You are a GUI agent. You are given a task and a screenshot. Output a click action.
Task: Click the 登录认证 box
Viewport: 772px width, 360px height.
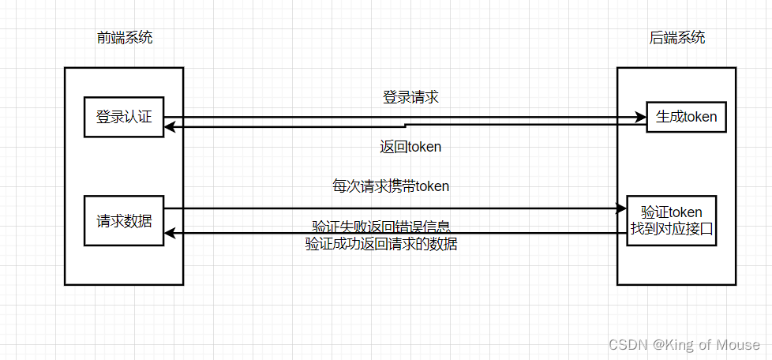123,117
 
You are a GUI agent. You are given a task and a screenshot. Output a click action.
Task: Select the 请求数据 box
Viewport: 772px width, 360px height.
123,220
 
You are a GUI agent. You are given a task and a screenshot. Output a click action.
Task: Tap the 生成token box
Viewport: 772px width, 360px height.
686,118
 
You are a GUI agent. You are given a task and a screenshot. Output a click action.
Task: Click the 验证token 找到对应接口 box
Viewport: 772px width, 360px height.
672,220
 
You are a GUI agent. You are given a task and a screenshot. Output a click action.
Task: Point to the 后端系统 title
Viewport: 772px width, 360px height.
676,37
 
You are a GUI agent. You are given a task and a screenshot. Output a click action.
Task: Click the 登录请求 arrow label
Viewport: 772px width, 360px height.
410,98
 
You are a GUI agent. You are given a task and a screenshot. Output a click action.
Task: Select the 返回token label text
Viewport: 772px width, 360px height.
410,147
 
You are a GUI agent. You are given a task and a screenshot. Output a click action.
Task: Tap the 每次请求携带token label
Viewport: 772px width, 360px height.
391,186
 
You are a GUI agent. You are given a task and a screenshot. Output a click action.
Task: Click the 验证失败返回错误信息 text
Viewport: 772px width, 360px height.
381,227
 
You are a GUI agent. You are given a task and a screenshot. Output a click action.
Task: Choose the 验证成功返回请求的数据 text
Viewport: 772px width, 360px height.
381,244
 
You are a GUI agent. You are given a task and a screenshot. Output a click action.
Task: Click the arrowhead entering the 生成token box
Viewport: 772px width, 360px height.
641,118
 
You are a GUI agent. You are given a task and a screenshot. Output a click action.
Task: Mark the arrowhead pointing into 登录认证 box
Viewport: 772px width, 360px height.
169,126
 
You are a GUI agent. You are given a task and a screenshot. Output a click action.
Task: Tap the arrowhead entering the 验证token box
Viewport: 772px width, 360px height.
621,208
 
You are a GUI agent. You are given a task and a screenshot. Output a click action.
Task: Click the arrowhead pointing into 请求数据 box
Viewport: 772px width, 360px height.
169,233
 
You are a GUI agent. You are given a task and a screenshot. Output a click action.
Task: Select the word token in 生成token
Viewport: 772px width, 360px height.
700,118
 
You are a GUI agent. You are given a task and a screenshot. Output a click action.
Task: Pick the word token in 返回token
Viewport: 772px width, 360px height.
425,147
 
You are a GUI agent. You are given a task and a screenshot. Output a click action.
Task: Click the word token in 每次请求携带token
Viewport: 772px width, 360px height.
432,186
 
